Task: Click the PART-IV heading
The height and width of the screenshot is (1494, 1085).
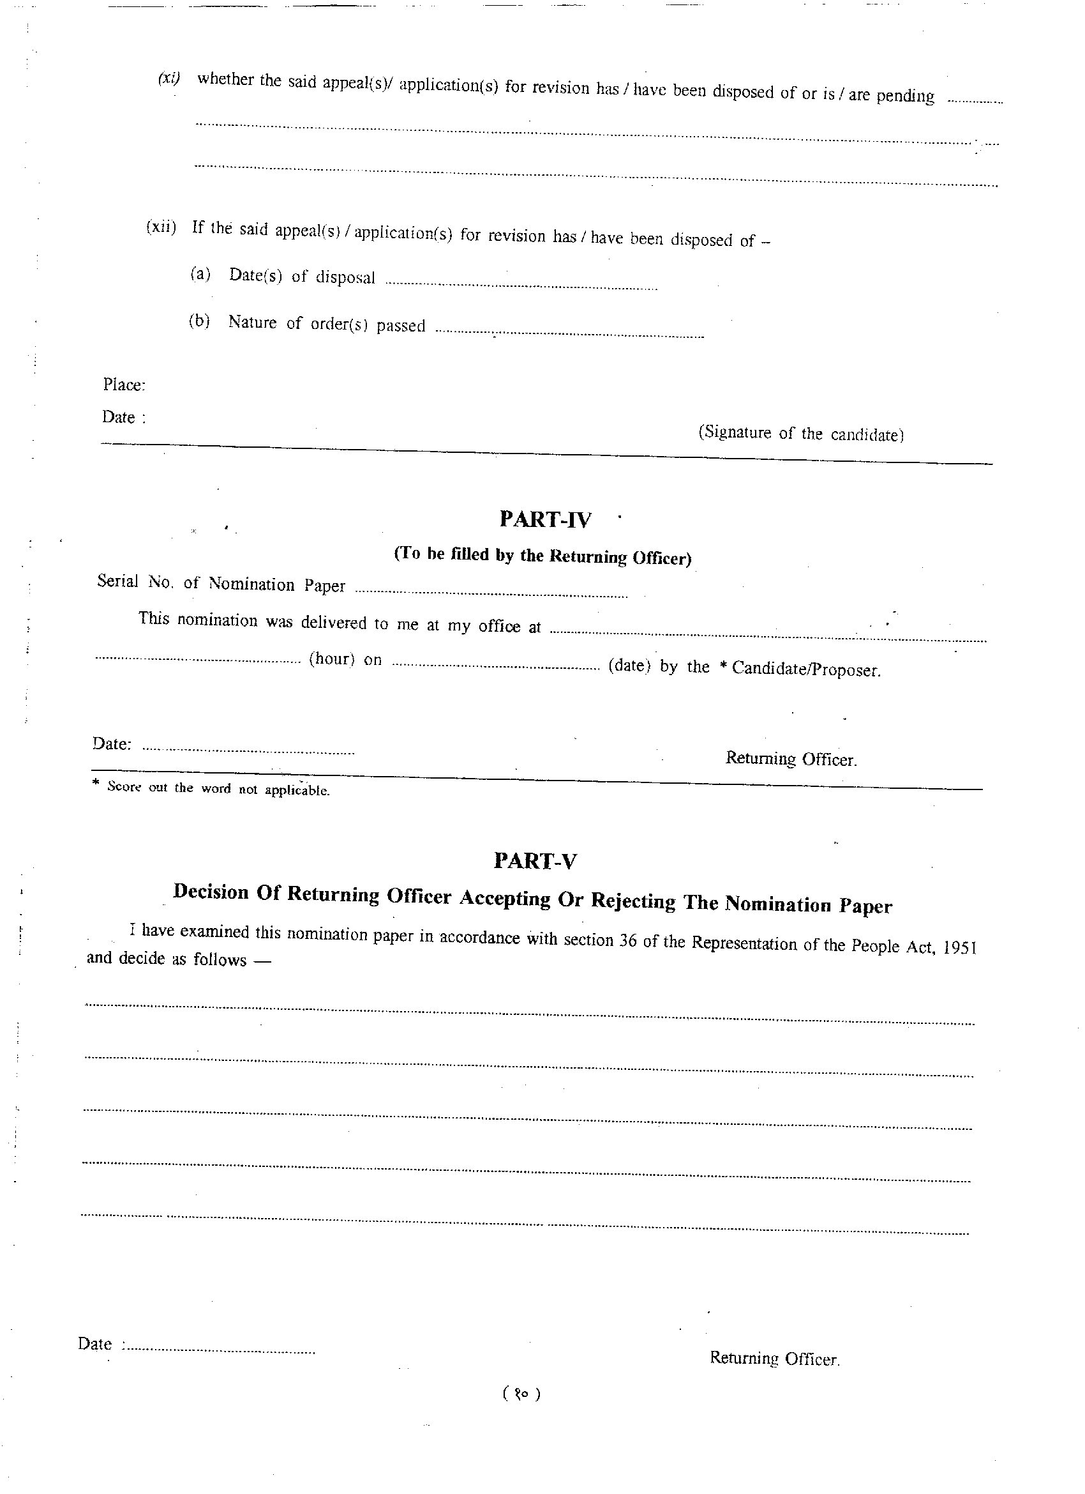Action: coord(545,520)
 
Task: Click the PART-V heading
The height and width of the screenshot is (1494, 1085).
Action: coord(535,861)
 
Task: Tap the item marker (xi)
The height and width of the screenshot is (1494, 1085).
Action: coord(168,79)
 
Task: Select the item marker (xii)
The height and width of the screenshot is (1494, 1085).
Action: coord(161,227)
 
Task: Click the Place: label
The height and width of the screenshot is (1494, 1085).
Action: coord(124,385)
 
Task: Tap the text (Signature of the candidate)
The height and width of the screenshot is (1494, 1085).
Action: coord(800,434)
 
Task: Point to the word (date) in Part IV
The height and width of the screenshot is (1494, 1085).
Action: coord(629,666)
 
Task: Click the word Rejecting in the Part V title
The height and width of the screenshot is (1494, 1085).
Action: coord(632,901)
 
